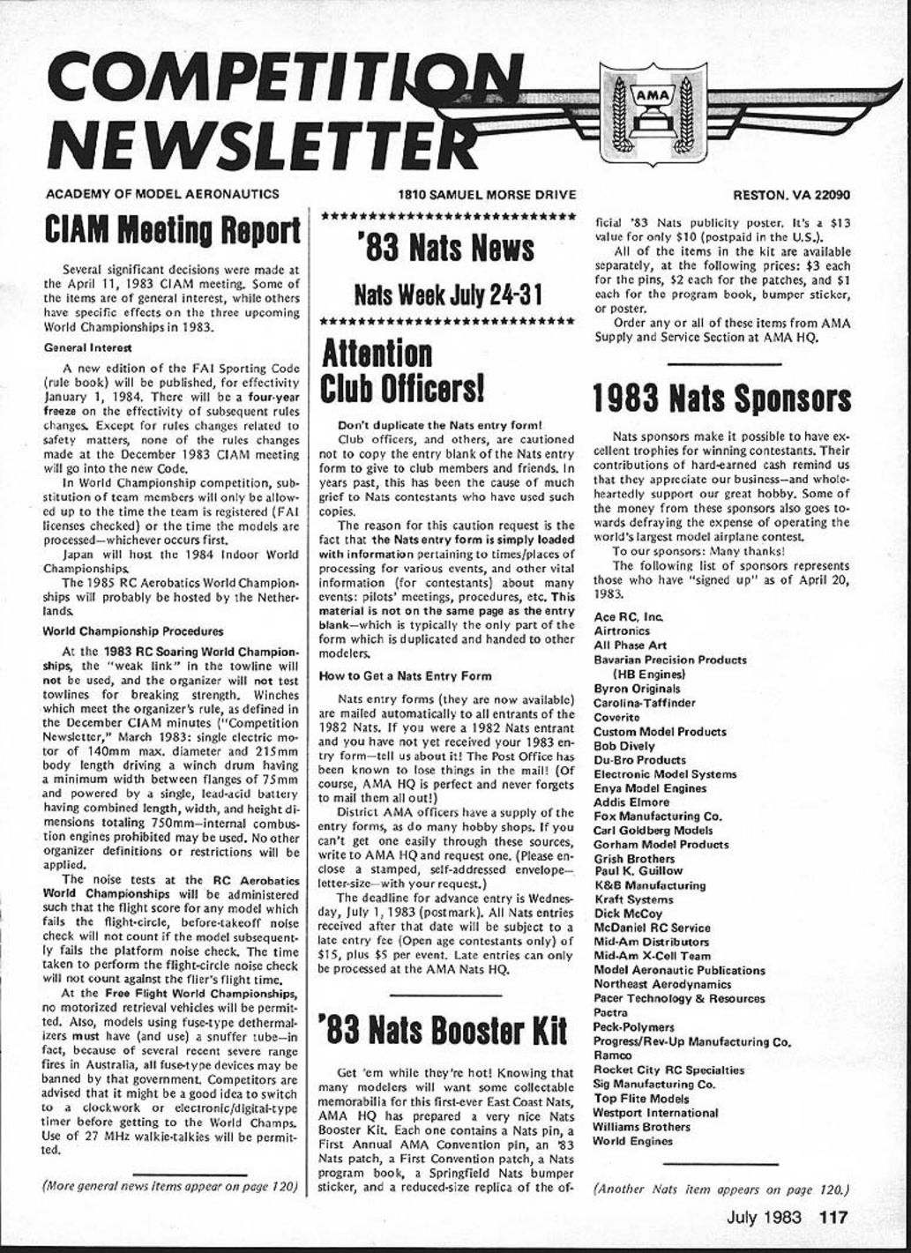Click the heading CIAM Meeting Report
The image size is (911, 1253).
click(172, 230)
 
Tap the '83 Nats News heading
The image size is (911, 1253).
click(446, 250)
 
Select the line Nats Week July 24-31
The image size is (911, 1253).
click(446, 294)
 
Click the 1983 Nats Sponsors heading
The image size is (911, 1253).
click(722, 399)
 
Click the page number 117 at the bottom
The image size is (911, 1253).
click(833, 1218)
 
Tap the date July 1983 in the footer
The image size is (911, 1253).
click(764, 1218)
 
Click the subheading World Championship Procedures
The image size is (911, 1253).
click(132, 631)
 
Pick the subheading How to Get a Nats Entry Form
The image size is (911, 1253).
click(405, 676)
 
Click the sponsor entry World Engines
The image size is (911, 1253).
click(632, 1141)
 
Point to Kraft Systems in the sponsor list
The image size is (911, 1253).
click(632, 899)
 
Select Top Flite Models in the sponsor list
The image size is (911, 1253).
click(641, 1099)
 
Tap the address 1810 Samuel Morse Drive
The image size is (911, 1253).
click(486, 195)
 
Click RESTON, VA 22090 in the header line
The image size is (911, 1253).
click(791, 195)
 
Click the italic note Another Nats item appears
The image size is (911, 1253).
click(721, 1188)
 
